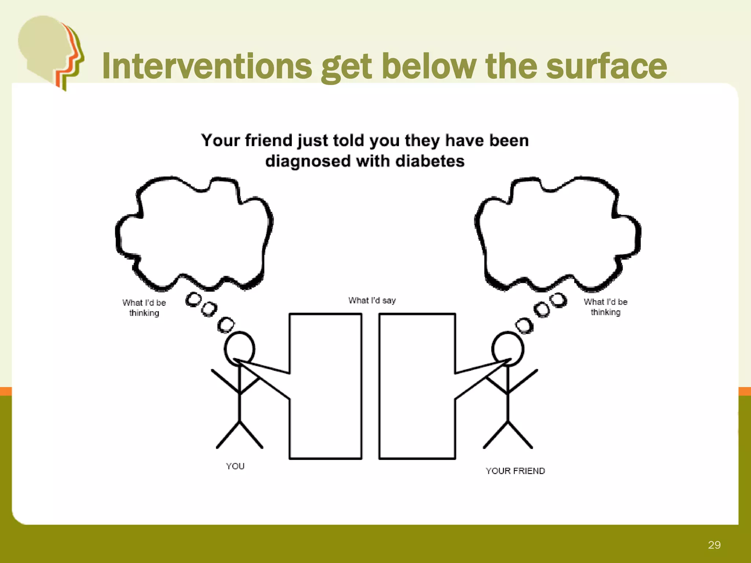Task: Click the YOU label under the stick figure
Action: (235, 466)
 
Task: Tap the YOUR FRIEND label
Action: (515, 471)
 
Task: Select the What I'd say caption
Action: (372, 301)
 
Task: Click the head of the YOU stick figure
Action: (239, 348)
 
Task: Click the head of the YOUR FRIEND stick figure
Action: (508, 348)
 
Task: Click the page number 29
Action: (714, 545)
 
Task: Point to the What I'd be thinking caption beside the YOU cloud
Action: (144, 308)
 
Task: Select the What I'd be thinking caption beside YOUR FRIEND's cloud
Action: (605, 307)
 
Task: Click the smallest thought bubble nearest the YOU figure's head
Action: (226, 325)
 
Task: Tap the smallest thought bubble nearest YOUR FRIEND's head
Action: (524, 325)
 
